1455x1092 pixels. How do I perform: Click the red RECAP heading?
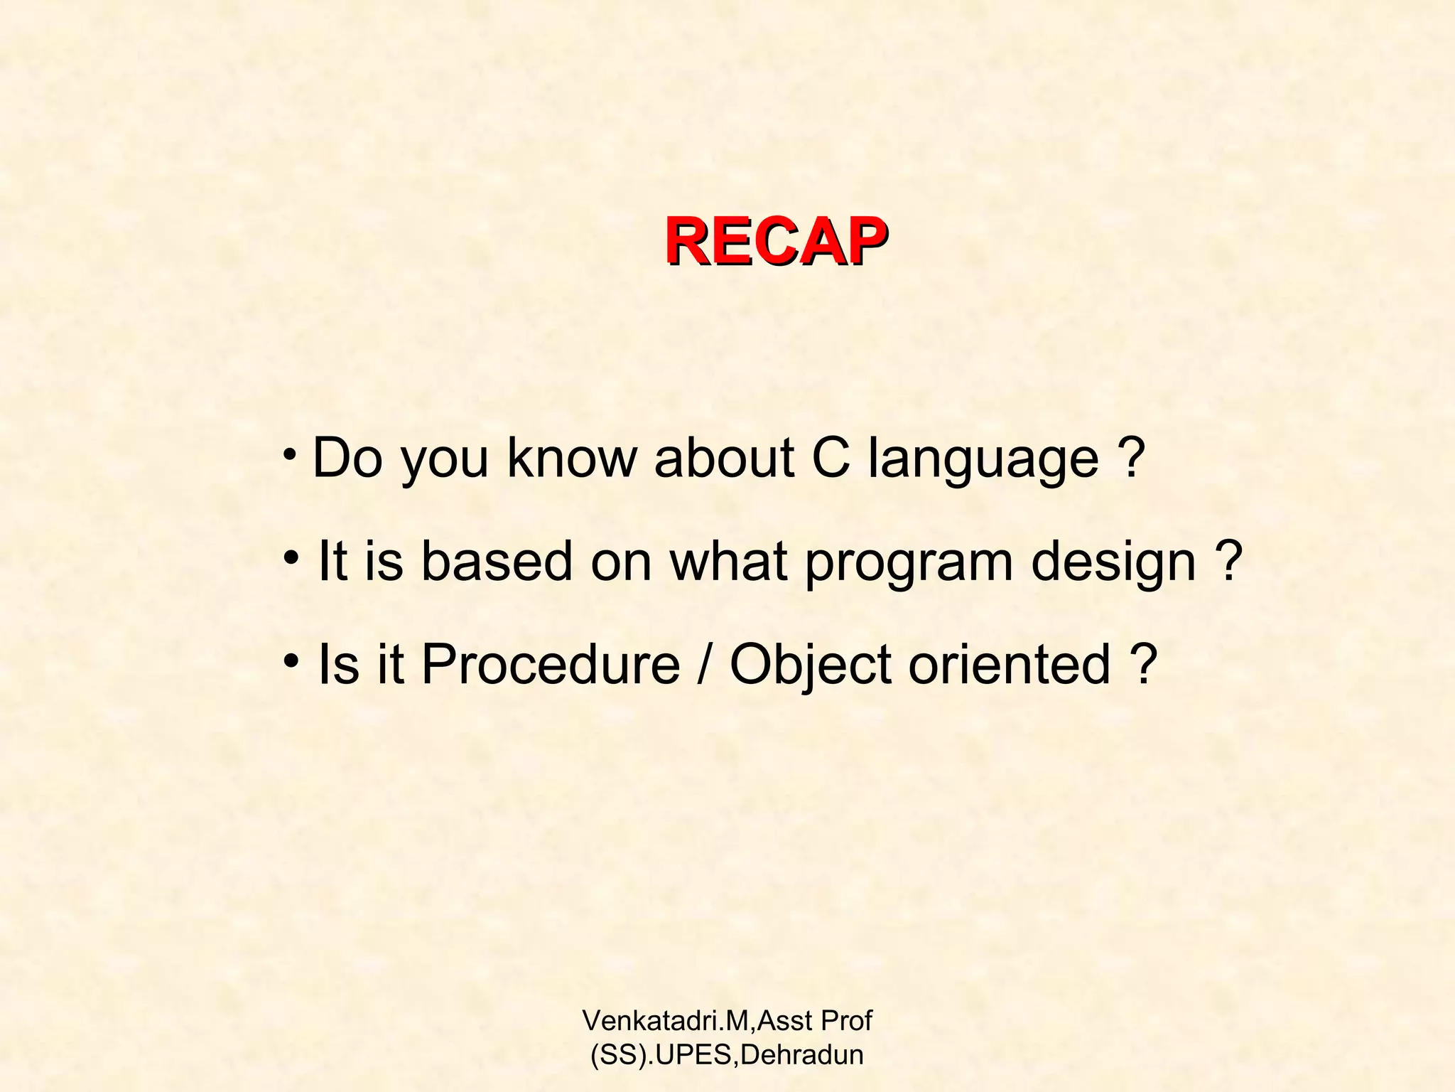776,242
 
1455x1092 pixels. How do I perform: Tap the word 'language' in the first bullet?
983,459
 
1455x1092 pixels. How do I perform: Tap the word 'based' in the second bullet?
497,561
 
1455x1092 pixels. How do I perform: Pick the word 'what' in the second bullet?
728,561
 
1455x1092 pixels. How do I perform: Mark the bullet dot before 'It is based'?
290,557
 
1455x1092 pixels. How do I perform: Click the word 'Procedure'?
551,665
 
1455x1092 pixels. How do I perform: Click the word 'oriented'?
1009,665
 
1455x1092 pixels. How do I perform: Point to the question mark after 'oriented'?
1144,665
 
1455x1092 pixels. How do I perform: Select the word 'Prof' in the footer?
846,1021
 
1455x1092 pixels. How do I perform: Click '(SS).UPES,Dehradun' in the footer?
727,1054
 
